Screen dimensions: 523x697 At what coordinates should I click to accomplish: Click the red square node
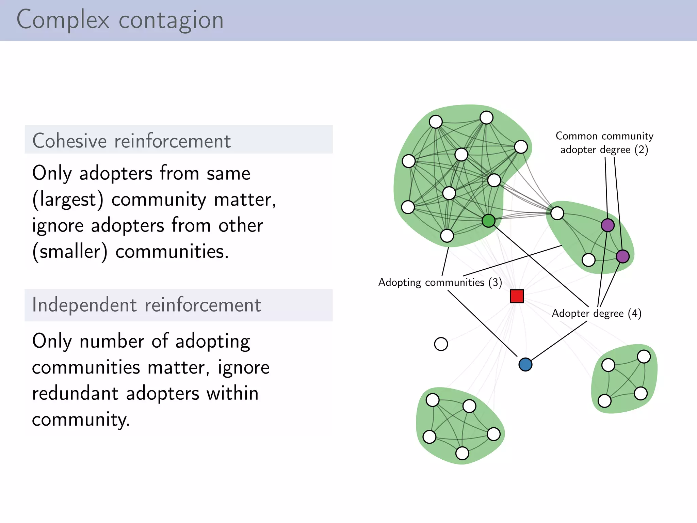517,296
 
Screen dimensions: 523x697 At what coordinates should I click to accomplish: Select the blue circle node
525,364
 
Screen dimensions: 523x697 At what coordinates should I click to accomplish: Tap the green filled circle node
488,221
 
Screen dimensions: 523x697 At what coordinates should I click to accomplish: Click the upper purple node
607,225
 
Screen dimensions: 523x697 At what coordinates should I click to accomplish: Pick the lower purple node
622,256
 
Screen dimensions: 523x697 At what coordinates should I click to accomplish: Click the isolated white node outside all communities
441,344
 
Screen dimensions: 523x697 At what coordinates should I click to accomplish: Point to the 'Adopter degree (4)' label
596,313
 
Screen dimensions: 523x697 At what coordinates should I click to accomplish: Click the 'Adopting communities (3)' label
440,282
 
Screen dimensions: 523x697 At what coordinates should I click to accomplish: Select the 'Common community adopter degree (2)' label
604,143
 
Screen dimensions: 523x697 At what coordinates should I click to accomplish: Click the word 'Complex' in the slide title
63,20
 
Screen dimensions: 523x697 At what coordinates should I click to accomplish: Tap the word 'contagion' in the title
171,20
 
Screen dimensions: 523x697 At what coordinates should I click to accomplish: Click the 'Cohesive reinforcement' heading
132,141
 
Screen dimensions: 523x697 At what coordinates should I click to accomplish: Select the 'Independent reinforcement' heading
147,305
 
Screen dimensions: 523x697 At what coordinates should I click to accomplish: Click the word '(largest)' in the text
68,200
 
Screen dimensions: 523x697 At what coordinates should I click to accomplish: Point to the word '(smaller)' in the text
70,252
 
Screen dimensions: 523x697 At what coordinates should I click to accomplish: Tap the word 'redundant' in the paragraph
75,394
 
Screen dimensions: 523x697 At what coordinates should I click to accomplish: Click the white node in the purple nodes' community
588,260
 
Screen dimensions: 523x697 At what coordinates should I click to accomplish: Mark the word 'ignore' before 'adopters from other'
58,226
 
